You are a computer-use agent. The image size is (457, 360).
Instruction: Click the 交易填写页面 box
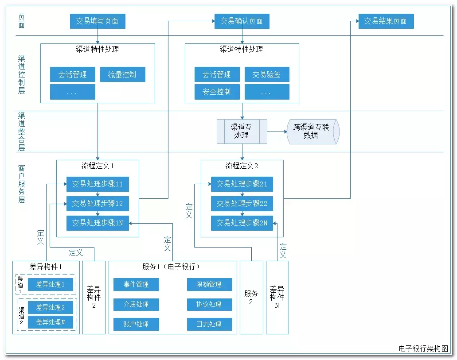pyautogui.click(x=98, y=21)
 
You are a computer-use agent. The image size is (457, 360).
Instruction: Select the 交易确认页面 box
pyautogui.click(x=242, y=21)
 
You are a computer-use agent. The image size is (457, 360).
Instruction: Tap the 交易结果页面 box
pyautogui.click(x=386, y=21)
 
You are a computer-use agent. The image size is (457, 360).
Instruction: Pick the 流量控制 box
pyautogui.click(x=122, y=75)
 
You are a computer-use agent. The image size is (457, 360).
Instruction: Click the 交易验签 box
pyautogui.click(x=267, y=75)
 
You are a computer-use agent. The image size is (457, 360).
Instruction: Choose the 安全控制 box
pyautogui.click(x=217, y=92)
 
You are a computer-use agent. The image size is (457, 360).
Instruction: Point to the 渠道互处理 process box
pyautogui.click(x=242, y=131)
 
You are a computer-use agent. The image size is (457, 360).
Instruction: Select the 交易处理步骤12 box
pyautogui.click(x=98, y=204)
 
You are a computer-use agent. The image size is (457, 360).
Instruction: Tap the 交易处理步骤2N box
pyautogui.click(x=242, y=223)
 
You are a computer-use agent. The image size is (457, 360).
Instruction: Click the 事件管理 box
pyautogui.click(x=136, y=284)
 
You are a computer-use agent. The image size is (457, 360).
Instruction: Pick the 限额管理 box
pyautogui.click(x=209, y=284)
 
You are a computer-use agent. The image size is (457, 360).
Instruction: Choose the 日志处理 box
pyautogui.click(x=209, y=324)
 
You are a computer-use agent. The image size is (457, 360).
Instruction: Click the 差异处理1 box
pyautogui.click(x=51, y=284)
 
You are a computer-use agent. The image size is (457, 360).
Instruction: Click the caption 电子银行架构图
pyautogui.click(x=423, y=348)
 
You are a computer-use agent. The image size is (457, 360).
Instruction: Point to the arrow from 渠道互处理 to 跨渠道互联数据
pyautogui.click(x=277, y=132)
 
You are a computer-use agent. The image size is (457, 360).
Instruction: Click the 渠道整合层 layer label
pyautogui.click(x=21, y=131)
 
